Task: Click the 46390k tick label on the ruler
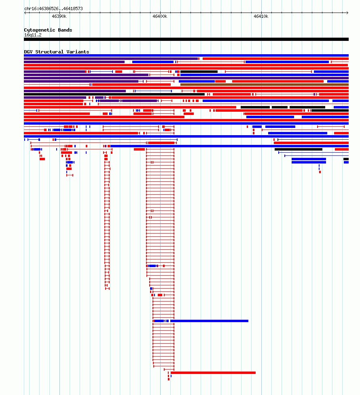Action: [59, 16]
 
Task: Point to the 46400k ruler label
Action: [160, 16]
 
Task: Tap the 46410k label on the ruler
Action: [261, 16]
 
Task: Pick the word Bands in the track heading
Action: [65, 30]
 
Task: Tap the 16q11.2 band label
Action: [33, 35]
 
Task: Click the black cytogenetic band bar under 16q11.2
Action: [186, 39]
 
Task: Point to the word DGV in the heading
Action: [28, 52]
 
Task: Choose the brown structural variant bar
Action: [265, 85]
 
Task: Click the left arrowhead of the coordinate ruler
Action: [25, 13]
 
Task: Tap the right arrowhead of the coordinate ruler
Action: [347, 13]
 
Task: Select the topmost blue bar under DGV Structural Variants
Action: [186, 55]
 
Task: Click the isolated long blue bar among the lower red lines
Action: [209, 321]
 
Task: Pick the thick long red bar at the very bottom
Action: [213, 373]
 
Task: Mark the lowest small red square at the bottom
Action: [169, 379]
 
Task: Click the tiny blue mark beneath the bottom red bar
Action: [171, 376]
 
